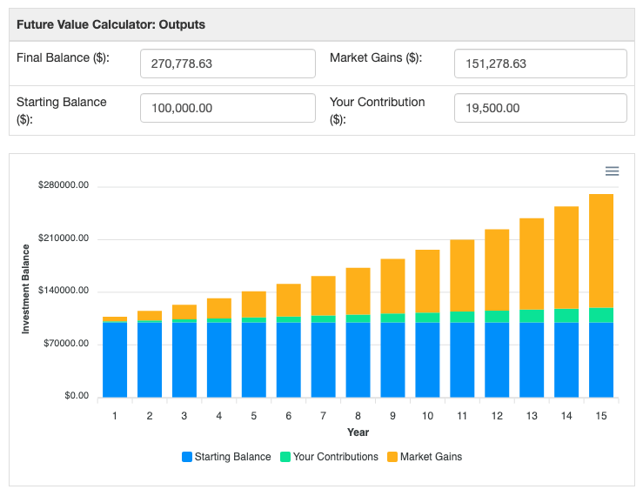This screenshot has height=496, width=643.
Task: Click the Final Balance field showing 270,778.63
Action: point(227,64)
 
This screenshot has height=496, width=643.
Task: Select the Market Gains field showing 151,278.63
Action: point(540,64)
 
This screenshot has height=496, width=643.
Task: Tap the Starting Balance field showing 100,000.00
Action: point(227,108)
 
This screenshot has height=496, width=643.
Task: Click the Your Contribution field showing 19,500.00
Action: point(540,108)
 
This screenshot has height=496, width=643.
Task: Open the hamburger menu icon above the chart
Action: point(612,171)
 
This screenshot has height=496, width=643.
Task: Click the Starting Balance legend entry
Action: point(226,457)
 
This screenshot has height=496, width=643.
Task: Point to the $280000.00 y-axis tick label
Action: point(64,186)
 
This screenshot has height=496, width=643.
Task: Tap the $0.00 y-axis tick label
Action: point(76,396)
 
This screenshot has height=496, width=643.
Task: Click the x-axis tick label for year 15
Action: point(601,416)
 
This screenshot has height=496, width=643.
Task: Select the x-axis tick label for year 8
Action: point(358,416)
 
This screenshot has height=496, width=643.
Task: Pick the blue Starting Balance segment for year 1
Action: point(115,359)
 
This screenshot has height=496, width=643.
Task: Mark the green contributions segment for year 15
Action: point(601,315)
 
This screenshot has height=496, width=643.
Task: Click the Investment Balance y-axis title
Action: point(26,289)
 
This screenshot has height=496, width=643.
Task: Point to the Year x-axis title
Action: point(358,432)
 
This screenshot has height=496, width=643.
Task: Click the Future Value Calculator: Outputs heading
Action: point(111,24)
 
